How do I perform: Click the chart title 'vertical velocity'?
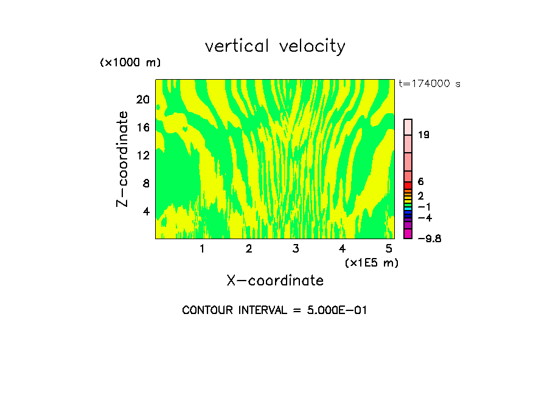[x=275, y=46]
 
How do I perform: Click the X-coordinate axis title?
[x=275, y=281]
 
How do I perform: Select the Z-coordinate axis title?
[x=123, y=159]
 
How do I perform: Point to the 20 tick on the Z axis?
[x=142, y=100]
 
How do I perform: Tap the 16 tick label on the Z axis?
[x=142, y=128]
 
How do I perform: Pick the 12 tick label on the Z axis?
[x=142, y=155]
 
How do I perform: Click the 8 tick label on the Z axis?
[x=145, y=183]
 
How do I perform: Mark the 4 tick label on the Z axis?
[x=145, y=211]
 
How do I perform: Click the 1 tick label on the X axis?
[x=202, y=248]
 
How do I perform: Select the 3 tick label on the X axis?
[x=295, y=248]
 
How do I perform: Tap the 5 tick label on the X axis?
[x=388, y=248]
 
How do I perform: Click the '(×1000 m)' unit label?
[x=130, y=63]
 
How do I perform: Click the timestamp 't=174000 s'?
[x=430, y=83]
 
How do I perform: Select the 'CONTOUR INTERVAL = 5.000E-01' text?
[x=275, y=310]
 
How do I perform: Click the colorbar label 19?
[x=424, y=135]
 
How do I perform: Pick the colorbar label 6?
[x=421, y=182]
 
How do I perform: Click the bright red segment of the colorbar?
[x=408, y=185]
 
